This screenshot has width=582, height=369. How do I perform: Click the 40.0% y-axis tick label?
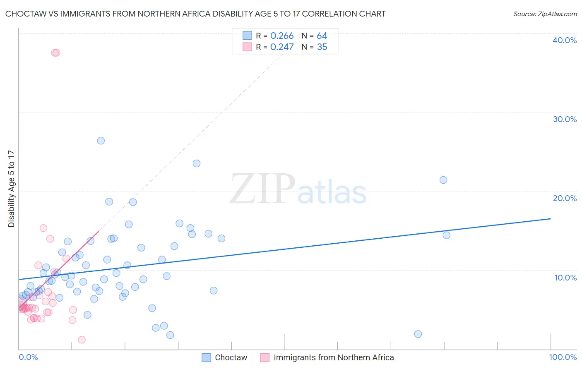[565, 40]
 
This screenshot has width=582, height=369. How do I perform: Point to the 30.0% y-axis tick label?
[565, 119]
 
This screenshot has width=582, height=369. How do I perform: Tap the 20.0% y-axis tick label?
[565, 198]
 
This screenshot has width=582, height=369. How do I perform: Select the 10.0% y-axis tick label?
[565, 278]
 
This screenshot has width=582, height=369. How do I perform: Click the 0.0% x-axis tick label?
[28, 357]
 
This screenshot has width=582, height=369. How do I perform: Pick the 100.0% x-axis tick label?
[563, 357]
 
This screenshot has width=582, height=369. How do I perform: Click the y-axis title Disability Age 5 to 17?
[12, 189]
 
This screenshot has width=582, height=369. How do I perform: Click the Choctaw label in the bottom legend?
[231, 357]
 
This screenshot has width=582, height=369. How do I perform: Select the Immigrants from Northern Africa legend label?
[334, 357]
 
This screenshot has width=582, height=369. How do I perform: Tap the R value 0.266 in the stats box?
[282, 36]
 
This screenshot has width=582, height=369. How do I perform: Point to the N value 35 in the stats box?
[322, 47]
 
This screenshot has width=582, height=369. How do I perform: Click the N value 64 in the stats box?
[322, 36]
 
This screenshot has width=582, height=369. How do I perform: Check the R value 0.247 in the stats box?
[282, 47]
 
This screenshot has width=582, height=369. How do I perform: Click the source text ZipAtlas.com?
[545, 14]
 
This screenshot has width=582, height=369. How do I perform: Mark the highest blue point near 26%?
[101, 141]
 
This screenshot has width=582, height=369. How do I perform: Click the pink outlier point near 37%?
[55, 53]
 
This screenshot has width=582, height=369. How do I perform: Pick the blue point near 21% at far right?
[443, 180]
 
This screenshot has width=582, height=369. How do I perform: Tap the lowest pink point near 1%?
[82, 340]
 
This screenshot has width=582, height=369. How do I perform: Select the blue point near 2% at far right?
[418, 334]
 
